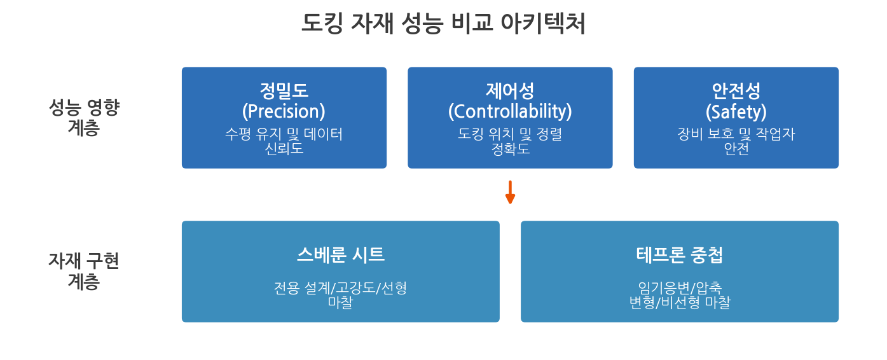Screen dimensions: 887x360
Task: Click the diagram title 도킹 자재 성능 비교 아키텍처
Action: click(443, 24)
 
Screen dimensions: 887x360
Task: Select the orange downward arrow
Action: click(510, 192)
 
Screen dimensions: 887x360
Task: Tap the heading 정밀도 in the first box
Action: click(284, 91)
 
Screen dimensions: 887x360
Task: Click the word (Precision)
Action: click(284, 111)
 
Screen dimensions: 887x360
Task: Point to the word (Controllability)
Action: click(510, 111)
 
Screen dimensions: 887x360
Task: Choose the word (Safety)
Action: click(736, 111)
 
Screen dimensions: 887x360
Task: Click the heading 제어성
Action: click(510, 91)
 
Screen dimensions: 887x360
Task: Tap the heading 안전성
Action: click(736, 91)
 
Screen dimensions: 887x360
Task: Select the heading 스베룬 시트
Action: click(341, 254)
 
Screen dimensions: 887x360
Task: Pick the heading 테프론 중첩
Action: click(680, 254)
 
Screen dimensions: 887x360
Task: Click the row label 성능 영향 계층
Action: click(83, 117)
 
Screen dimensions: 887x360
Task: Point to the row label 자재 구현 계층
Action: click(83, 271)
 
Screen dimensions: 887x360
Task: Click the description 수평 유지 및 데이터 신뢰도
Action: click(284, 141)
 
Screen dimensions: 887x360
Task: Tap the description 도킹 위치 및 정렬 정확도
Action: click(510, 141)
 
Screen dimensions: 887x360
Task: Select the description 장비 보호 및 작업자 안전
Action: click(736, 141)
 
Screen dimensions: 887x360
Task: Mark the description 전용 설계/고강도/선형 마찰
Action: click(341, 294)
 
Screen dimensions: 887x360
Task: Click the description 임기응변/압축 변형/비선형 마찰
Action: click(680, 294)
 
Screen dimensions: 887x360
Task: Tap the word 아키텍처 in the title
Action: click(543, 24)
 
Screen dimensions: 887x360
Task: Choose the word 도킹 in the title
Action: click(322, 24)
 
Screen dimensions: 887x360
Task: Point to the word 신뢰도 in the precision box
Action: click(284, 148)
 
